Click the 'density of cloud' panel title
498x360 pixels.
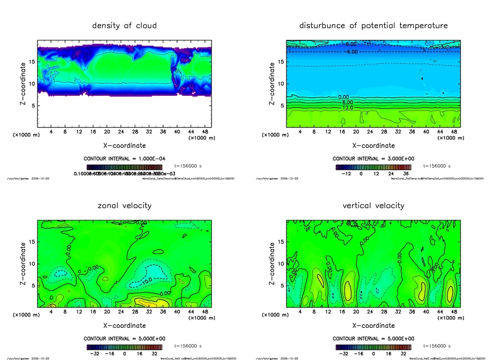[x=124, y=25]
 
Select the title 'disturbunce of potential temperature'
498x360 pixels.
[x=373, y=25]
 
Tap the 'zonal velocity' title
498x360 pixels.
[x=124, y=205]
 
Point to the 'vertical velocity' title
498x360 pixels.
[x=373, y=205]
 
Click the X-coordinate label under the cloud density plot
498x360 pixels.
[x=124, y=145]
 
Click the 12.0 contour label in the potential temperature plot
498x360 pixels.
[x=347, y=108]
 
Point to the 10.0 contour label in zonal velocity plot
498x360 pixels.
[x=147, y=280]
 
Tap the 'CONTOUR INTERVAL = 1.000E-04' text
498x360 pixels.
[x=124, y=159]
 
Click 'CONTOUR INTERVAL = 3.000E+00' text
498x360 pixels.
[x=373, y=159]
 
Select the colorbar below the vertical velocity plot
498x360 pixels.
[x=373, y=347]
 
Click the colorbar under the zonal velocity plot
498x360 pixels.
[x=124, y=347]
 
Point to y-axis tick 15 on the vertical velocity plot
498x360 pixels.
[x=281, y=242]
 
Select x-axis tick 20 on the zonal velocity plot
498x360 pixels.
[x=107, y=312]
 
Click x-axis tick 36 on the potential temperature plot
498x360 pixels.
[x=412, y=132]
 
